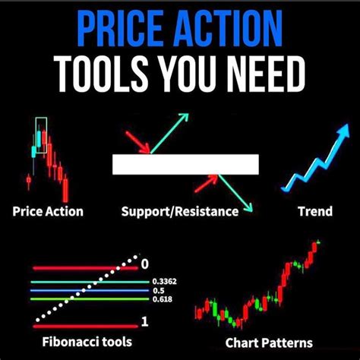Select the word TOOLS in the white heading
[x=103, y=74]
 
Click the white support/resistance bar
[x=185, y=164]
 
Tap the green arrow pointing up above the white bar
[x=169, y=134]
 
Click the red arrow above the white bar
[x=138, y=143]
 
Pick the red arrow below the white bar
[x=207, y=184]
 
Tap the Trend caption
[x=315, y=211]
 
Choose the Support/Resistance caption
[x=180, y=212]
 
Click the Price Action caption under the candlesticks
[x=48, y=211]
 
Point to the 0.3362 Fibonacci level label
[x=165, y=282]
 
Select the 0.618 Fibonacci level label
[x=163, y=299]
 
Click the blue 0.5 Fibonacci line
[x=90, y=290]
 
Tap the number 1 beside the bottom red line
[x=144, y=322]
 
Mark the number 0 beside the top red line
[x=144, y=264]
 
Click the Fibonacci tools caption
[x=87, y=342]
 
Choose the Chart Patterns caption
[x=269, y=343]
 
